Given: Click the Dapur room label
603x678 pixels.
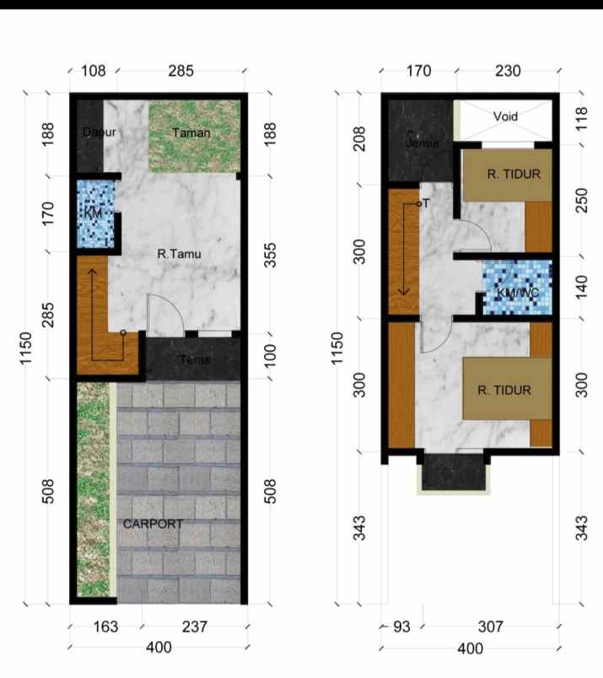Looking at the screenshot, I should pos(99,132).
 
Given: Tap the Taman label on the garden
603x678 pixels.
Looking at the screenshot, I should pos(191,132).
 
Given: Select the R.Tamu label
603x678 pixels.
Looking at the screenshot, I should pos(180,252).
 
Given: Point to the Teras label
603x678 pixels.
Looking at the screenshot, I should pos(195,360).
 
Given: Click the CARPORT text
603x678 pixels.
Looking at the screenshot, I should pos(153,524).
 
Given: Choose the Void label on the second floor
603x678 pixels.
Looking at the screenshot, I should pos(505,116).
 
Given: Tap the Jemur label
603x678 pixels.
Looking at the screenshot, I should pos(423,143).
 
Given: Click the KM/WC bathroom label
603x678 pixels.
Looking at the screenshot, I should pos(518,292).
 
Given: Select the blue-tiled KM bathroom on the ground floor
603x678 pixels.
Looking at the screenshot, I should pos(94,214).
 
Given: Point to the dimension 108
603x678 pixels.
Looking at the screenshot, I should pos(93,71).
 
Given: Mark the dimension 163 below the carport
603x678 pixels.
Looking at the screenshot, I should pos(105,627).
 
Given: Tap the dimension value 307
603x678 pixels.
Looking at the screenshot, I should pos(490,627).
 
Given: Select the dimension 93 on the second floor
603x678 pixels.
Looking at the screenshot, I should pos(401,627).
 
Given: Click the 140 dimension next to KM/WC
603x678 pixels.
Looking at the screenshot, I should pos(581,287).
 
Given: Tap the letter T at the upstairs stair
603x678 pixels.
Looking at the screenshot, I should pos(426,203).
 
